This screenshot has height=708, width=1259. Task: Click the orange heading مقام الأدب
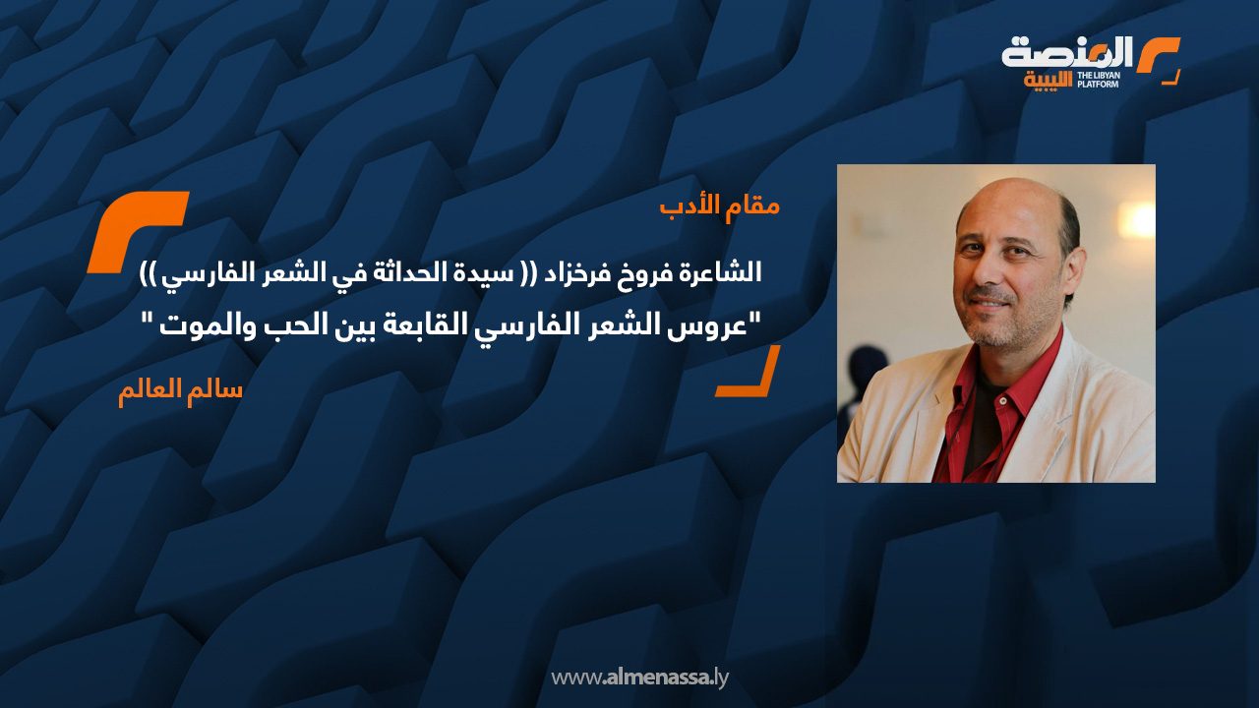[720, 206]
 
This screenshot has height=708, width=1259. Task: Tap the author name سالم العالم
[180, 390]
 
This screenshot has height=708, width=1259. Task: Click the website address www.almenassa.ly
[639, 678]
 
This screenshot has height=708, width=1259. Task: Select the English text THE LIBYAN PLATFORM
[1099, 80]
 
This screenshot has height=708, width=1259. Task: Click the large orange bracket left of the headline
[137, 231]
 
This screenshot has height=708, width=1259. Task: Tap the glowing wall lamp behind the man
[1135, 219]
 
